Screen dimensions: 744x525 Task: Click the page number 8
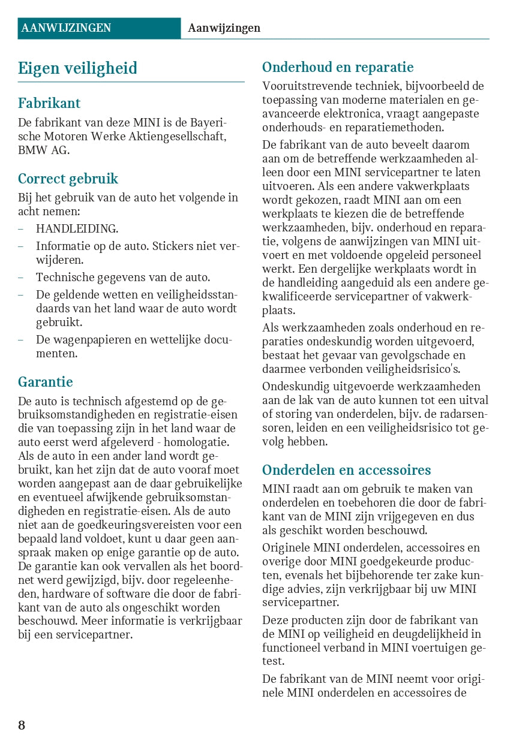[x=22, y=725]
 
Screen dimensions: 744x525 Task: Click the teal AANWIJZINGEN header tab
[x=66, y=28]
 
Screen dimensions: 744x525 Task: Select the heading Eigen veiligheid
[x=77, y=68]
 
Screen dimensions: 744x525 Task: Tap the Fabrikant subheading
[x=49, y=103]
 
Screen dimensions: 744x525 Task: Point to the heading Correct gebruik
[x=68, y=179]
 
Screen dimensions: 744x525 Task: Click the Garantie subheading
[x=46, y=382]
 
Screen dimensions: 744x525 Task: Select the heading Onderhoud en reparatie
[x=338, y=67]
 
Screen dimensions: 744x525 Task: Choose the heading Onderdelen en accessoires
[x=347, y=470]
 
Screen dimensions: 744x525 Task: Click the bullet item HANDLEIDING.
[x=77, y=228]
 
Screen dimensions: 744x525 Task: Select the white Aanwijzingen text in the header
[x=224, y=28]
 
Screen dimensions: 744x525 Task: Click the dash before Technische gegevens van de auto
[x=21, y=278]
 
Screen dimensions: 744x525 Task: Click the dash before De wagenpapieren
[x=21, y=340]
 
